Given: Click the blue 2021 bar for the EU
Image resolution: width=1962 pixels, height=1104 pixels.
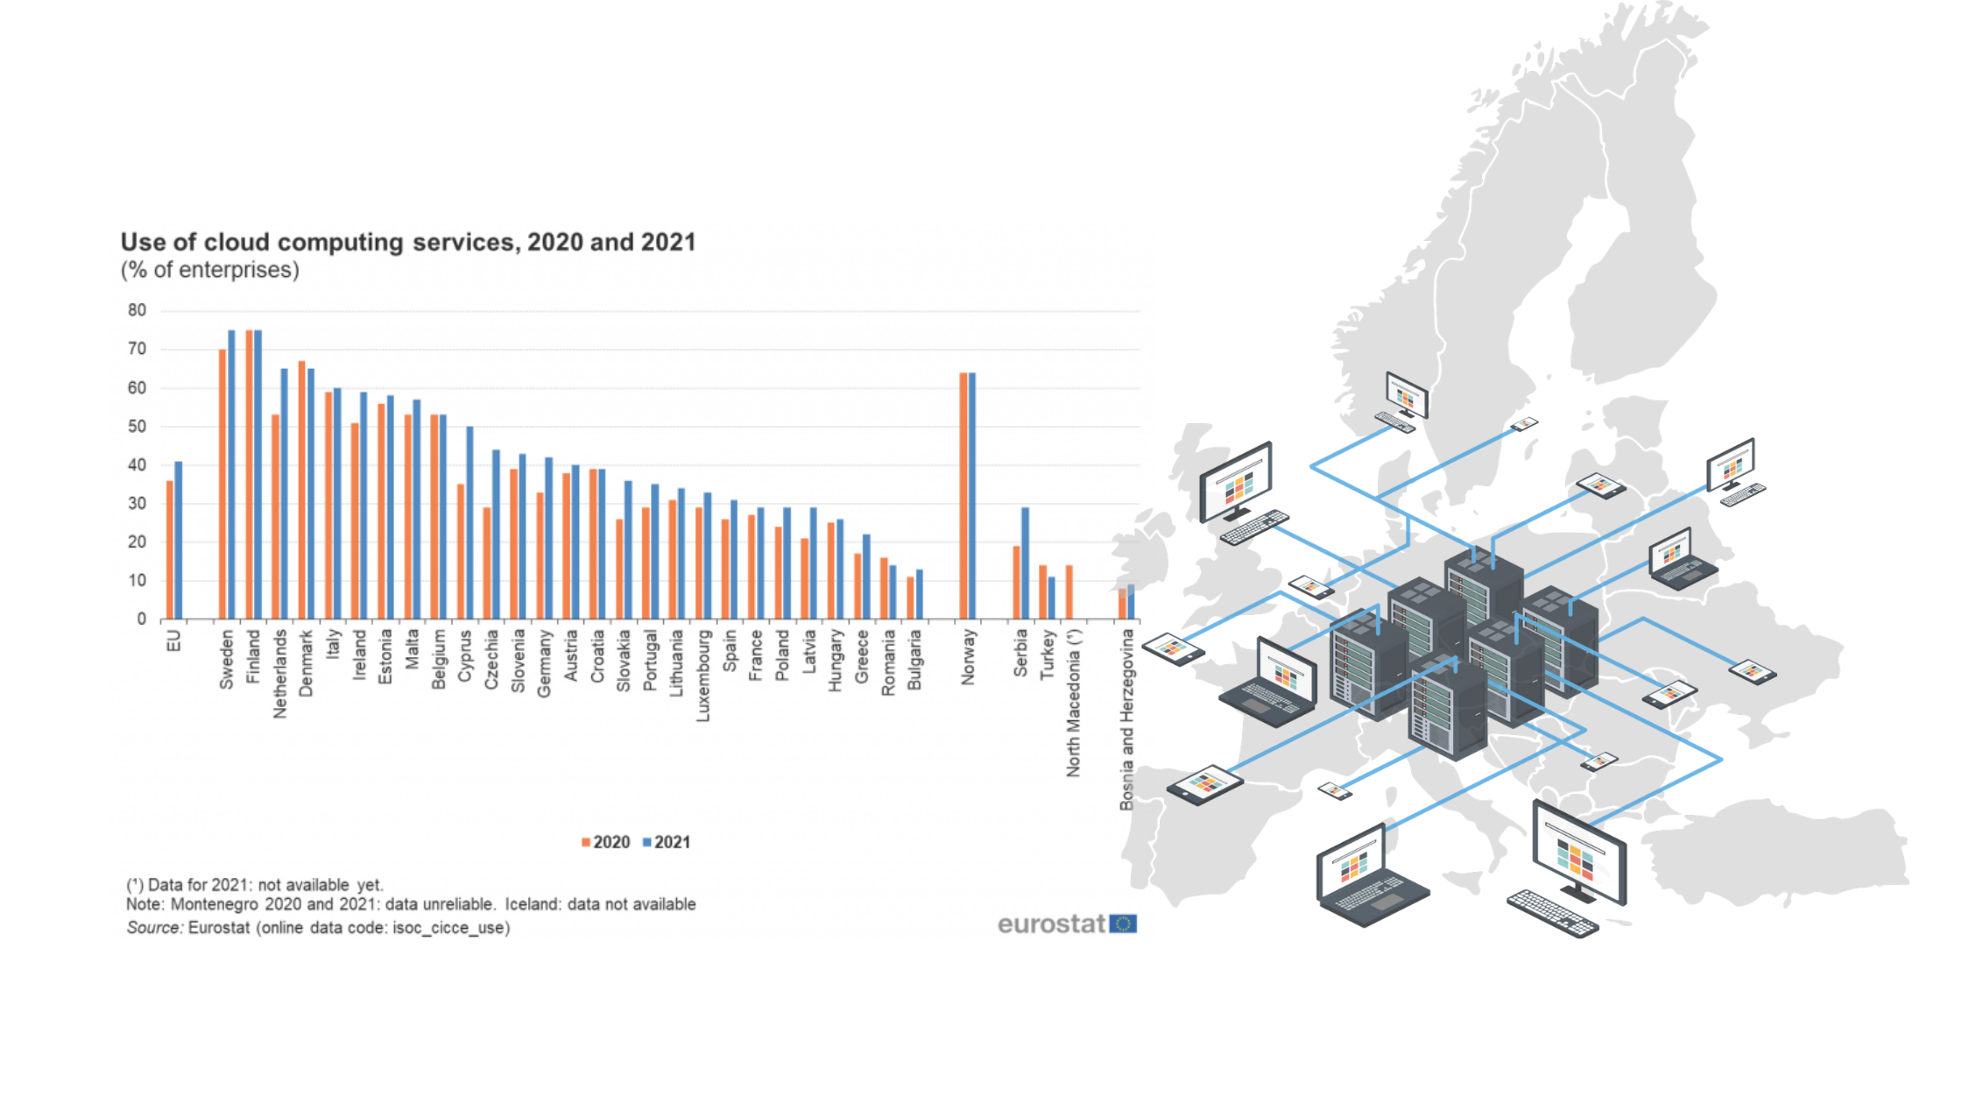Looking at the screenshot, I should pyautogui.click(x=179, y=541).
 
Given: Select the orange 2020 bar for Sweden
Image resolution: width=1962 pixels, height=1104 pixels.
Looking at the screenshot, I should pyautogui.click(x=222, y=485).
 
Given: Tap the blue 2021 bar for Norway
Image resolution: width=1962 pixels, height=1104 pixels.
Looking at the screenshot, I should pyautogui.click(x=972, y=496).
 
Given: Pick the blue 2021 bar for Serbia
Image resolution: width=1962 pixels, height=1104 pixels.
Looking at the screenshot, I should pyautogui.click(x=1025, y=563).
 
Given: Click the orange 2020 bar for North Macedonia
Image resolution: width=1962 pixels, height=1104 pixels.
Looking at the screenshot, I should pyautogui.click(x=1069, y=592).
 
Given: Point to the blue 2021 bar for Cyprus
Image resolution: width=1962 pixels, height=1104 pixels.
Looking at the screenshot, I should pyautogui.click(x=469, y=523).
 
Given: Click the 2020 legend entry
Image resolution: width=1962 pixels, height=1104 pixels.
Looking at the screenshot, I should pyautogui.click(x=605, y=842).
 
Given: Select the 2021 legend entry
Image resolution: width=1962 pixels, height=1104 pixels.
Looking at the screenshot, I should pyautogui.click(x=667, y=842).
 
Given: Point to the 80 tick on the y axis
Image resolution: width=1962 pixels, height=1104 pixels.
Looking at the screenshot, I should pyautogui.click(x=137, y=310).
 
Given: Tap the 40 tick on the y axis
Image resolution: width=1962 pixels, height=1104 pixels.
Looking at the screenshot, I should pyautogui.click(x=137, y=465).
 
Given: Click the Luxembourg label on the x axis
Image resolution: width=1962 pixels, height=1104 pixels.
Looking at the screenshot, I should pyautogui.click(x=703, y=676).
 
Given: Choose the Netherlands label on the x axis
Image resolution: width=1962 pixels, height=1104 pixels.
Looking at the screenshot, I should pyautogui.click(x=280, y=674).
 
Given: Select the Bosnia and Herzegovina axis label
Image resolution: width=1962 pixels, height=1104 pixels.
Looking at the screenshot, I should pyautogui.click(x=1127, y=719).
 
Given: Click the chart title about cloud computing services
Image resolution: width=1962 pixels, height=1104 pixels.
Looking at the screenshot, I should pyautogui.click(x=408, y=242).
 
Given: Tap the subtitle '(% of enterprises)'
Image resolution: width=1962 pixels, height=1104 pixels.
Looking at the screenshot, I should pyautogui.click(x=210, y=270).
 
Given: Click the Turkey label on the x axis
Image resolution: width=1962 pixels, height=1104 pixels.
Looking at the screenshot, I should pyautogui.click(x=1048, y=654).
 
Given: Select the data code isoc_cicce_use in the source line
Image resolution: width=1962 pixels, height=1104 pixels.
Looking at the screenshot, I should pyautogui.click(x=449, y=928).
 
